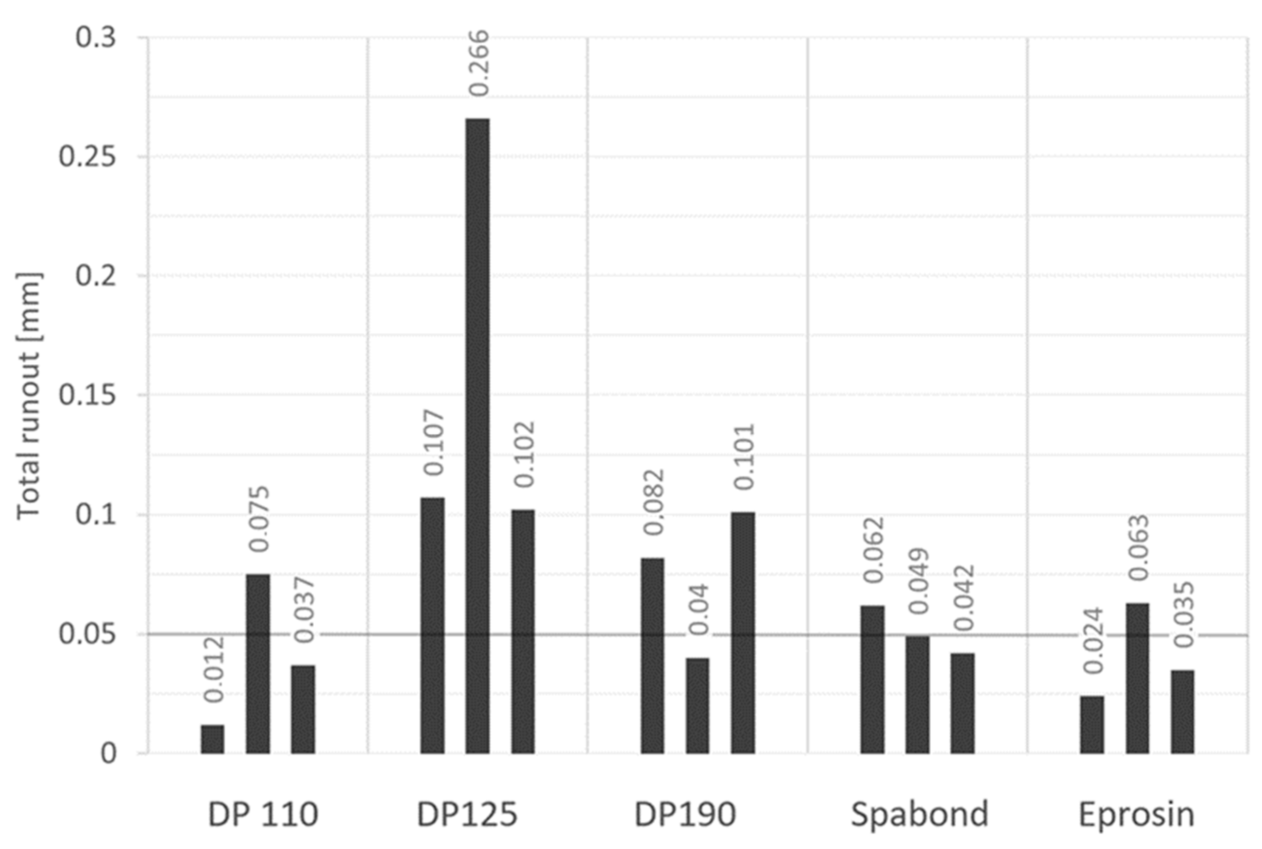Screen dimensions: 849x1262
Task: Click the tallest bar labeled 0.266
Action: (x=478, y=436)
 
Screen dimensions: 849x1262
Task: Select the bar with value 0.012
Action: (x=212, y=739)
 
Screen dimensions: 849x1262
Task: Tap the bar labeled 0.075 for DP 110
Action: (x=258, y=664)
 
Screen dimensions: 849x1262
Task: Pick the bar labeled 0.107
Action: (x=433, y=626)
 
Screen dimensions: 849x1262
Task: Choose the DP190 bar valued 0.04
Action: (x=698, y=706)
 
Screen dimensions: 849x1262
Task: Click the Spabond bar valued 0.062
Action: (x=872, y=679)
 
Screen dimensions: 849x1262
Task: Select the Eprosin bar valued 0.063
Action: (x=1138, y=678)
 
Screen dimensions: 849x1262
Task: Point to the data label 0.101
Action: (x=744, y=457)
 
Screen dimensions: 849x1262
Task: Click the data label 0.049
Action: (x=918, y=581)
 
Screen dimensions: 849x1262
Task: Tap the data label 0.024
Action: (x=1093, y=641)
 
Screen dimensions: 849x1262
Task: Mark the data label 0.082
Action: (x=653, y=502)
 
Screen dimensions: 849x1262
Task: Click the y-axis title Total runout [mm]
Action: (x=28, y=395)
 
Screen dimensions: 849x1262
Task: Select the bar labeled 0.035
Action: (x=1182, y=712)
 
